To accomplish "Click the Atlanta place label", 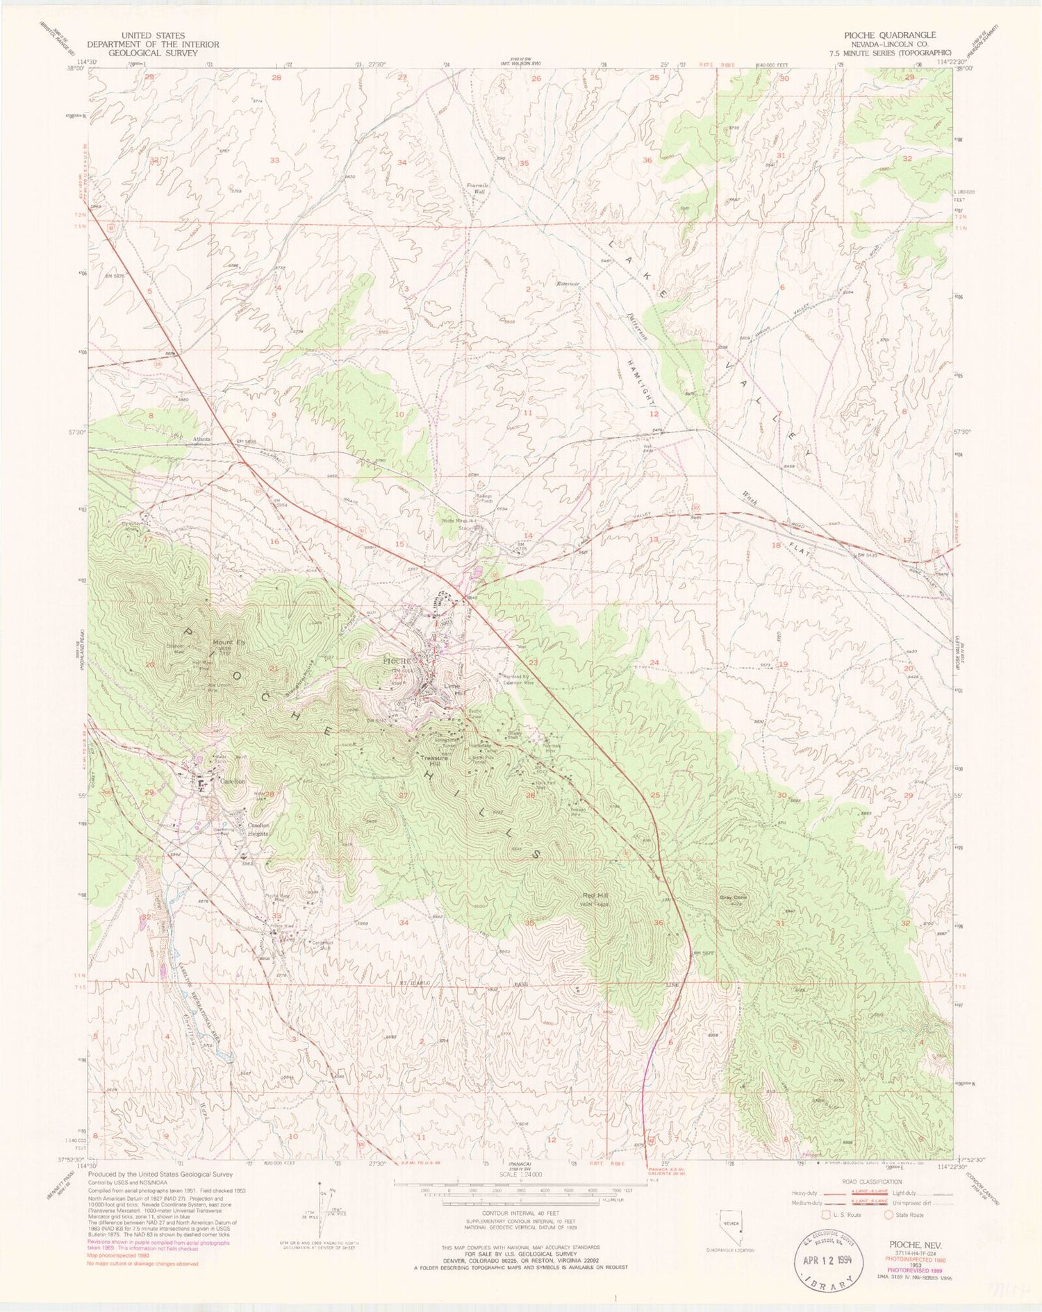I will tap(201, 439).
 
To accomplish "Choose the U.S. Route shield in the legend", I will tap(827, 1215).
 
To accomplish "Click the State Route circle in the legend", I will tap(888, 1215).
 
